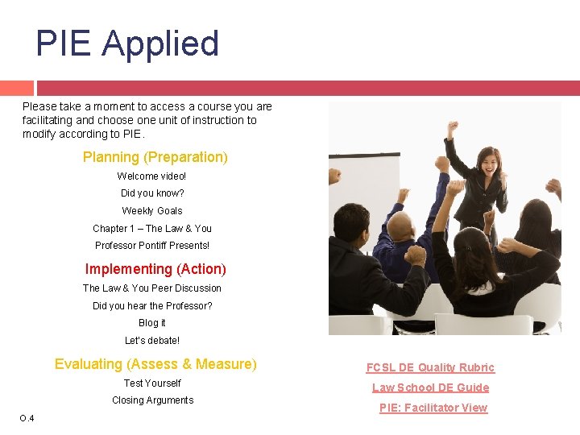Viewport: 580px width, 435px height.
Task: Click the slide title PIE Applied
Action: pos(127,43)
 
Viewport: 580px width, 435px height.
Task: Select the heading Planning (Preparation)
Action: pos(155,157)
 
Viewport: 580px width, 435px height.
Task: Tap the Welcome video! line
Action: pos(151,176)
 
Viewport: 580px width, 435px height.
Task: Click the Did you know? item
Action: pos(152,193)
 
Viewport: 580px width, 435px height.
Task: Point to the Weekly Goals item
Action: pos(152,211)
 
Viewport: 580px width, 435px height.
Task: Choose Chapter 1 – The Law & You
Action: pos(152,229)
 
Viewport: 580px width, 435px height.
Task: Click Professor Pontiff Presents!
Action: pos(152,246)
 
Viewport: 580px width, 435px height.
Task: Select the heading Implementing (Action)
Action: pos(155,269)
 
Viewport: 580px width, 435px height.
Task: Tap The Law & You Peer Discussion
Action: pos(152,288)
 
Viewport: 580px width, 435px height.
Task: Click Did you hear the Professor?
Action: pos(152,306)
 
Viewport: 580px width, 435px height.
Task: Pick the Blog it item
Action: pos(152,323)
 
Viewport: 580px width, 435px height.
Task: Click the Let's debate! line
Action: pos(152,341)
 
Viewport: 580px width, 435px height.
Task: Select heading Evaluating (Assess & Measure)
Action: pos(155,364)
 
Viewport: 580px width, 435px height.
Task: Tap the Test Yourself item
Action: pos(152,383)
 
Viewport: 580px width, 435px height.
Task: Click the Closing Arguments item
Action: pos(152,400)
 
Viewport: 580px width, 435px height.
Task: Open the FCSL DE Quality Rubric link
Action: pos(430,367)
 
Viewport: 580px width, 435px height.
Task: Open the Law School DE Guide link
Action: pos(430,387)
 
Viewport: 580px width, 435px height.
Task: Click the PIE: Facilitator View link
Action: pos(433,408)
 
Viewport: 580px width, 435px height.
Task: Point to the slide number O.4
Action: pos(27,417)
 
